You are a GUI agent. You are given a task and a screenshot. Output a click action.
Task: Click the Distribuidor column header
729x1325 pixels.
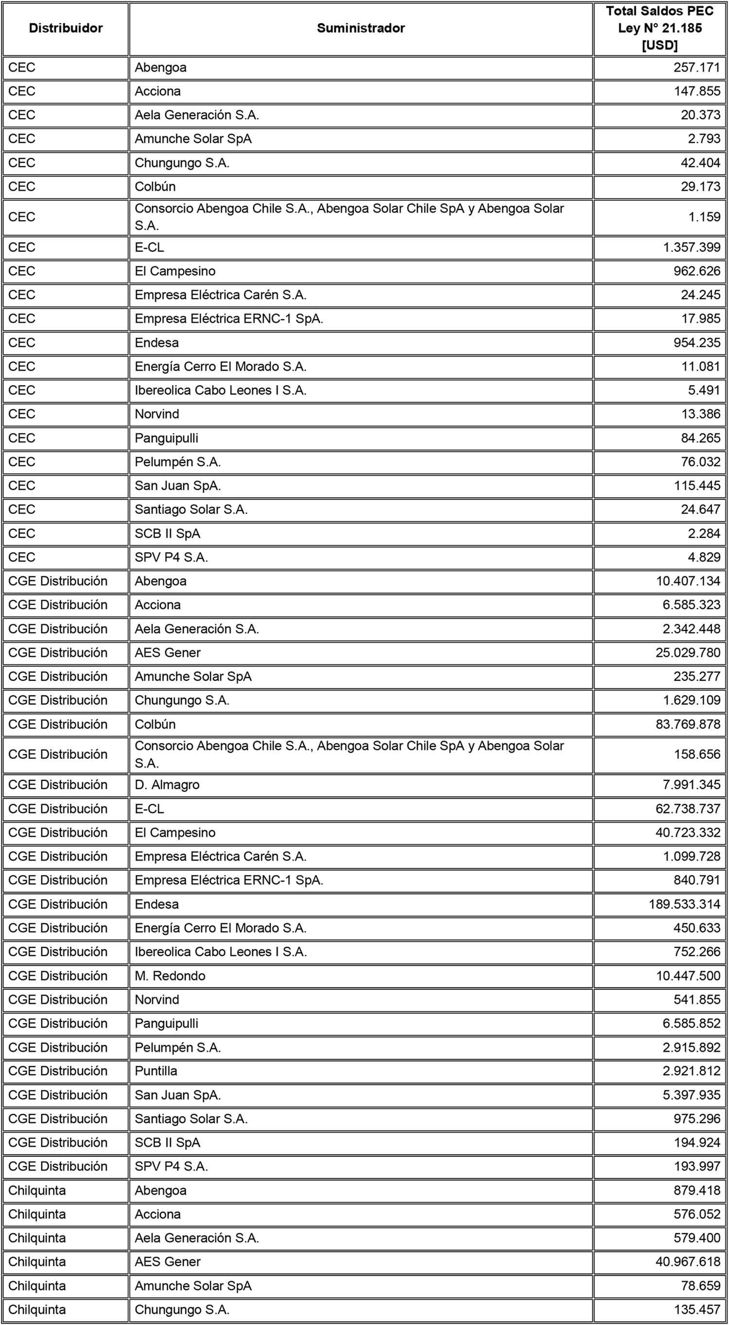click(65, 28)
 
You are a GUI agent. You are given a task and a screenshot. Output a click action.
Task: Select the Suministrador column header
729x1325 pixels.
click(361, 28)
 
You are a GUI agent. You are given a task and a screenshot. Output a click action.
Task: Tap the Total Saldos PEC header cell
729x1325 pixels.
click(660, 28)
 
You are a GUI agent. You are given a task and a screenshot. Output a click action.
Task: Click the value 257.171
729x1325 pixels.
click(696, 68)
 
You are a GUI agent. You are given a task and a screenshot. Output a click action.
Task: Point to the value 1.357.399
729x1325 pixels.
click(692, 247)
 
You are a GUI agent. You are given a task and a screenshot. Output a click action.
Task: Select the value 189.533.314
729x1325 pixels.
click(684, 904)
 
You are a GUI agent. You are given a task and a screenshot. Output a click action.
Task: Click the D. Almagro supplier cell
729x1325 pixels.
click(167, 784)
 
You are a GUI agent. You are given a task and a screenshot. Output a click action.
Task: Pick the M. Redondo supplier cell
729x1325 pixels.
click(170, 976)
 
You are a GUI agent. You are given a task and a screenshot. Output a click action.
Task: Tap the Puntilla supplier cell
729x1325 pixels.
click(156, 1071)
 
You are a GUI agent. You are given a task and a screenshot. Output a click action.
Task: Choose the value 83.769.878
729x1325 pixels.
click(688, 724)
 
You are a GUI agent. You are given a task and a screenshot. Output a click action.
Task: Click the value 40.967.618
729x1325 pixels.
click(688, 1262)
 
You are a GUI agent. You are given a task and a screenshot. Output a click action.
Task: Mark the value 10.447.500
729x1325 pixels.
click(688, 976)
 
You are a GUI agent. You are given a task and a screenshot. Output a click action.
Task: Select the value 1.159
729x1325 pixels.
click(704, 217)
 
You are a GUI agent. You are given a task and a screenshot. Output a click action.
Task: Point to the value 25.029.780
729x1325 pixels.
click(688, 653)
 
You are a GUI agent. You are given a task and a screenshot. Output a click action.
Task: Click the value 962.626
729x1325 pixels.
click(696, 271)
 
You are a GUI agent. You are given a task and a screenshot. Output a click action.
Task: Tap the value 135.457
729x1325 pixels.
click(696, 1309)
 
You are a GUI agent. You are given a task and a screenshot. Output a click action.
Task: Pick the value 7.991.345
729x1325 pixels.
click(692, 784)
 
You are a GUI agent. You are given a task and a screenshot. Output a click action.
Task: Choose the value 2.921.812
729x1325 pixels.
click(692, 1071)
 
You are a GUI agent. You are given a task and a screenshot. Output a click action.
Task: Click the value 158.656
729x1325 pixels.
click(696, 754)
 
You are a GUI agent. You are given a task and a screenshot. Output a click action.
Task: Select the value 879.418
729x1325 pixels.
click(696, 1190)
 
